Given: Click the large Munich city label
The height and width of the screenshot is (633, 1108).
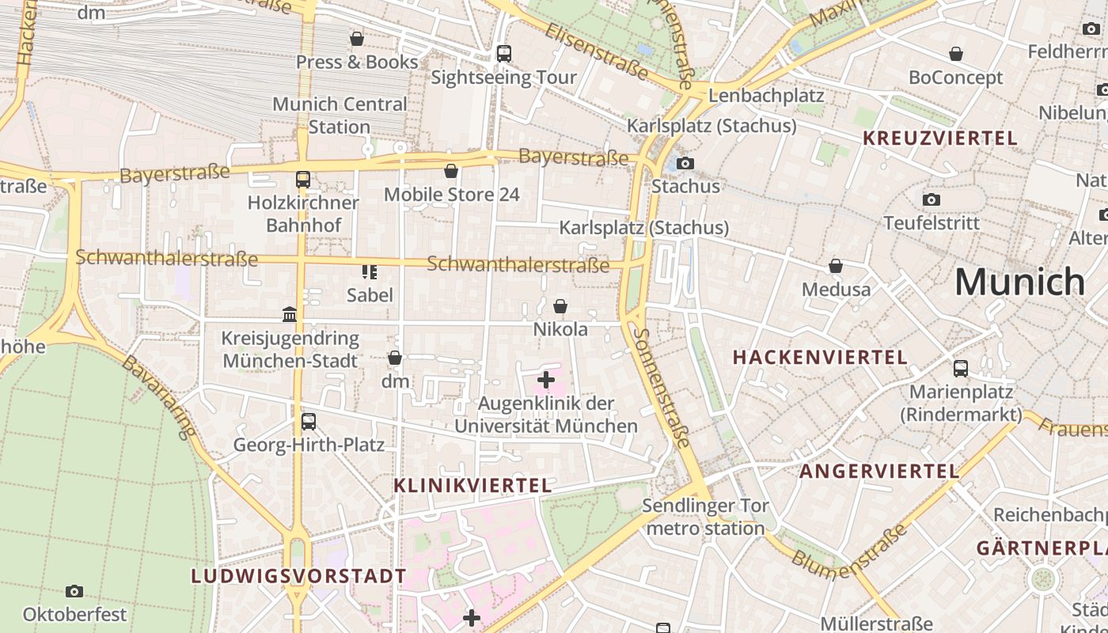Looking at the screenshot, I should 1019,282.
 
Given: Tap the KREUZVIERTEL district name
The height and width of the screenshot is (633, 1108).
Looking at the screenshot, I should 939,138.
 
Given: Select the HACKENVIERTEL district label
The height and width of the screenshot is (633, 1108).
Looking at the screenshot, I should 820,357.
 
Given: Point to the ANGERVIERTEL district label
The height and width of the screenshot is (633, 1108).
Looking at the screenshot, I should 879,472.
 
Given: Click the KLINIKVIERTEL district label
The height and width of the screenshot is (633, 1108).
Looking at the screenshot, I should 472,485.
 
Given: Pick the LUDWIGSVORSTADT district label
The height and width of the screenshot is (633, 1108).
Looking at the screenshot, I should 298,576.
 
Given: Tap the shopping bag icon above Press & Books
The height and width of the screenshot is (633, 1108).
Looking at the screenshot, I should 357,39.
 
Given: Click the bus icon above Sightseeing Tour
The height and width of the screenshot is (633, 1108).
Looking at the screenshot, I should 503,54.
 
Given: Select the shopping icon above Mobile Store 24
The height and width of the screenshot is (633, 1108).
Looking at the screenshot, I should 451,171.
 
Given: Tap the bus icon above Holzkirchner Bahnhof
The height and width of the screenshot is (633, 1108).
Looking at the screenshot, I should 303,180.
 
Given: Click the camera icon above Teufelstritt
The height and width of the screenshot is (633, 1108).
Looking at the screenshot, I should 932,199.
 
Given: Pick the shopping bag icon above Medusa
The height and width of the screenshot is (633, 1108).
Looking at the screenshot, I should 836,266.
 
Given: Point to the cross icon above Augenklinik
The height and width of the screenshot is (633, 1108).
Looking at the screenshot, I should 545,381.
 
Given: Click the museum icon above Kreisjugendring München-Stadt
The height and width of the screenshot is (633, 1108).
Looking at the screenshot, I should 290,315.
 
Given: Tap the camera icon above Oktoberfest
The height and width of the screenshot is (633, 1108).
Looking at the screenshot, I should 74,591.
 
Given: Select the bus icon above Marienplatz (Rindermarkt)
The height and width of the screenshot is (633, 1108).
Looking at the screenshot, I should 961,368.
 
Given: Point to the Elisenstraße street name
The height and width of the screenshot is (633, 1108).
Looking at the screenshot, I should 597,51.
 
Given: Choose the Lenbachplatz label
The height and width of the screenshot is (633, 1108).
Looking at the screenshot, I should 766,96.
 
